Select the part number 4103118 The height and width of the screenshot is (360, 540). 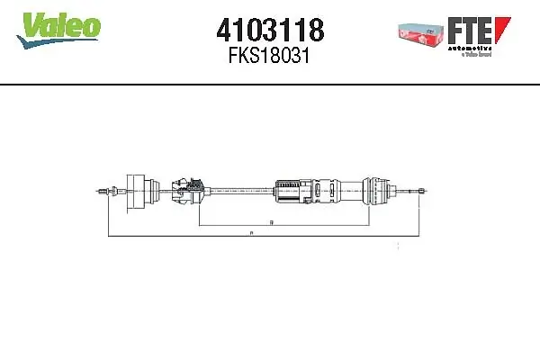[x=269, y=31]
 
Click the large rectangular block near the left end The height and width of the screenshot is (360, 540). [x=139, y=191]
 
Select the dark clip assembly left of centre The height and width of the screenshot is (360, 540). [x=191, y=191]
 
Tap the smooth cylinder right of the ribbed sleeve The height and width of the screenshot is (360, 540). [x=346, y=191]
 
